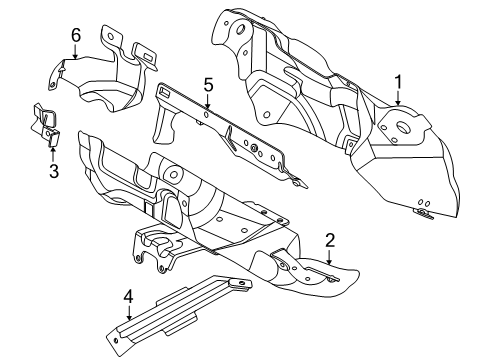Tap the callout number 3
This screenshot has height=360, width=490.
click(54, 171)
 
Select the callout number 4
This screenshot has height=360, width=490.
click(127, 297)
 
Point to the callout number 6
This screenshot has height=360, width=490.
click(75, 36)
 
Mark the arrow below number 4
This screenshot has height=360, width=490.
click(127, 318)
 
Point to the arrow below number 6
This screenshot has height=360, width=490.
click(75, 60)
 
